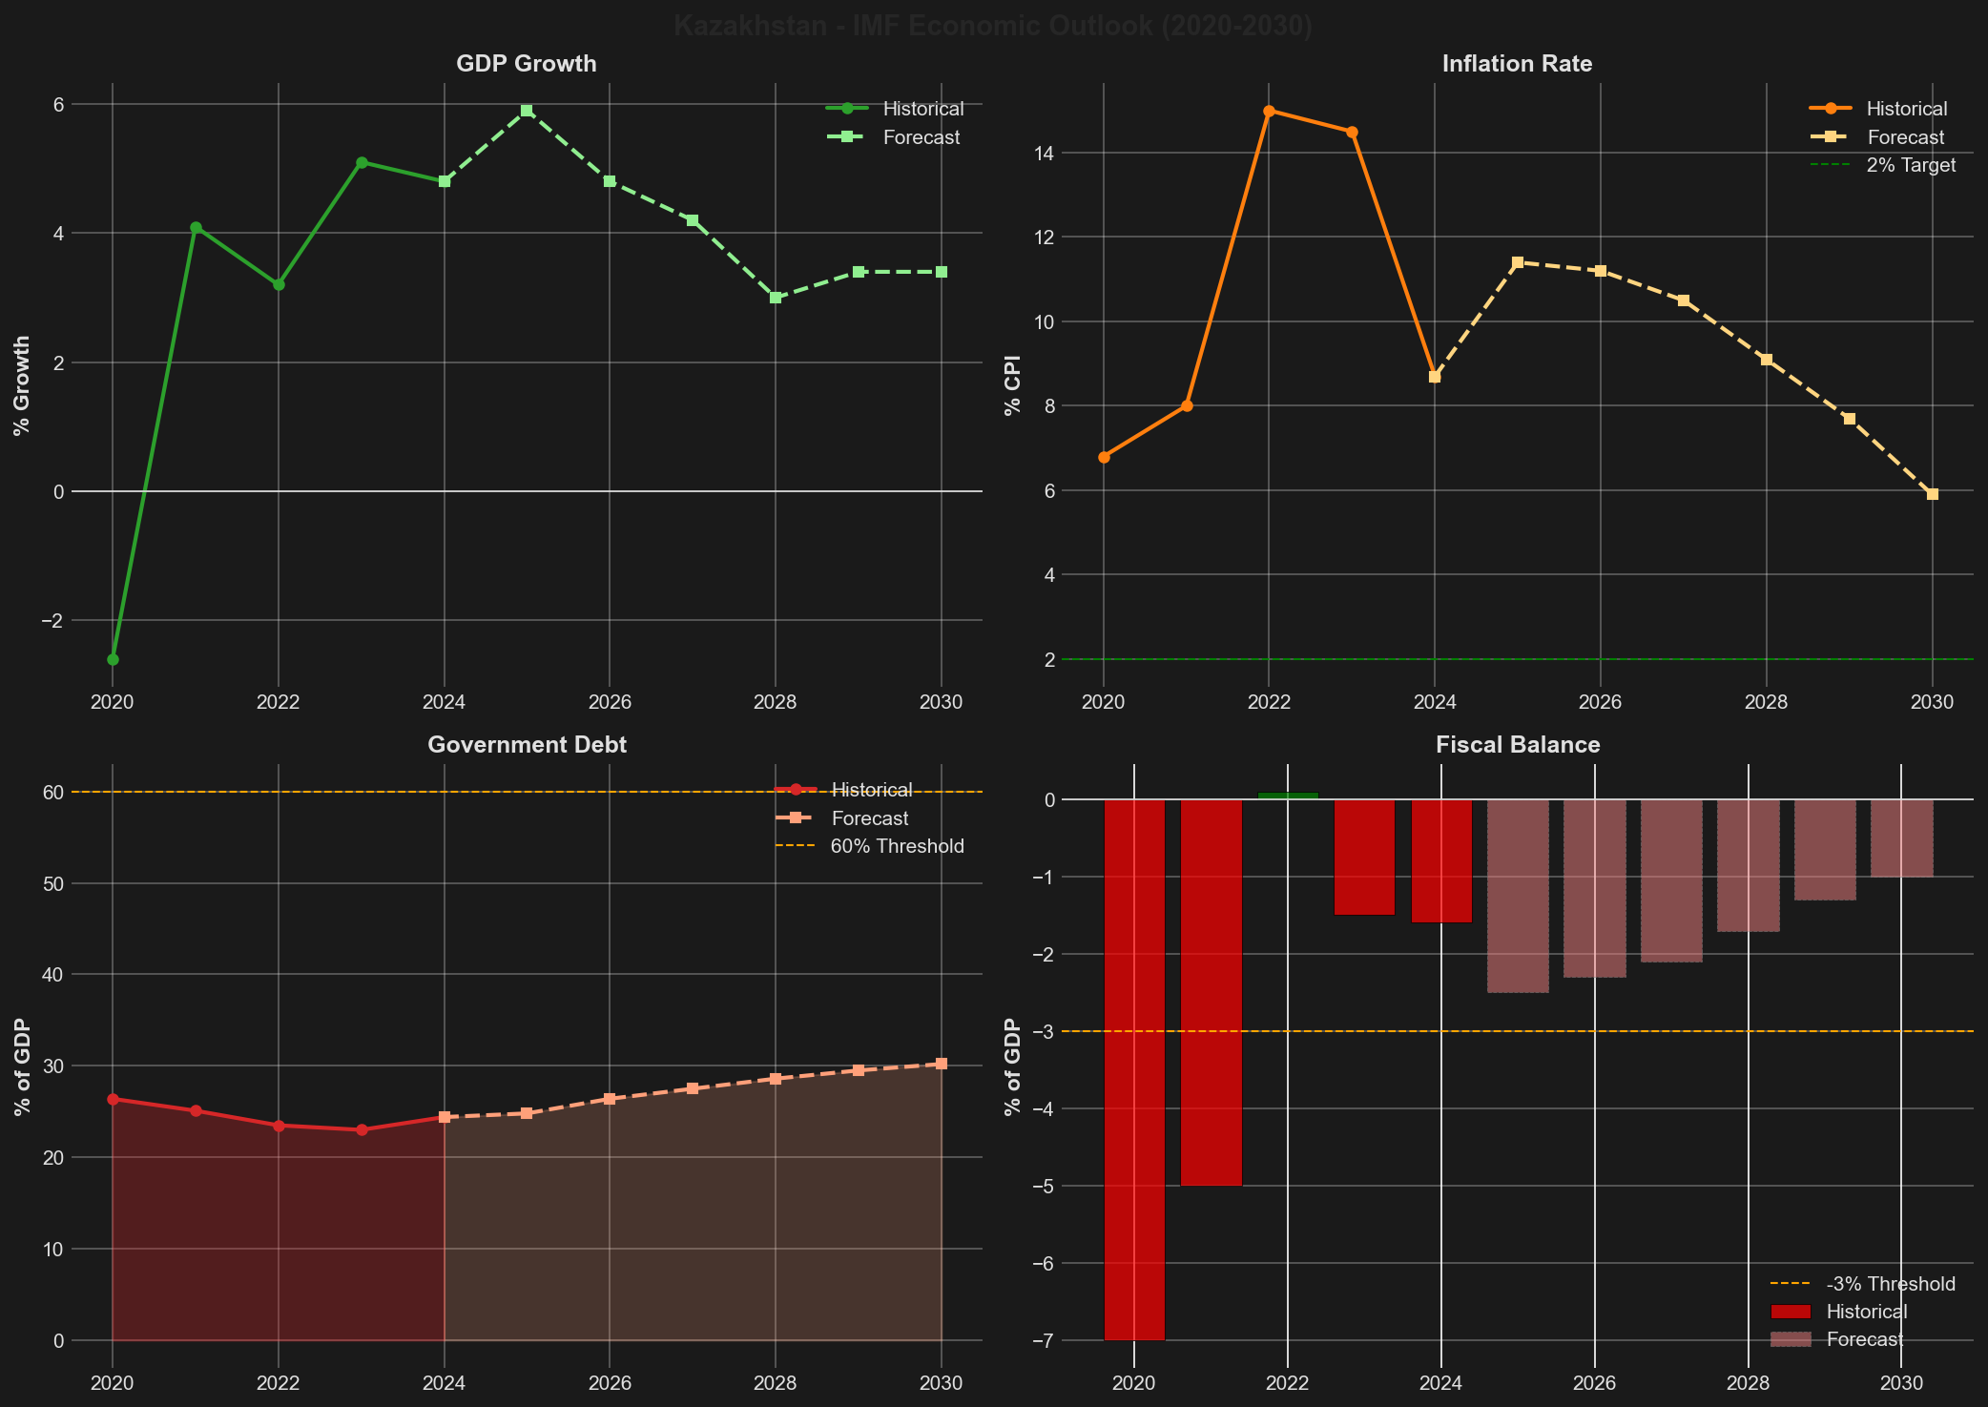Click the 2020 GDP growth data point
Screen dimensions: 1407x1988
pos(113,659)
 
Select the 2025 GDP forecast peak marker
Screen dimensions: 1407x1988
pos(527,111)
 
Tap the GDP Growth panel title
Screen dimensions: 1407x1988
pos(526,64)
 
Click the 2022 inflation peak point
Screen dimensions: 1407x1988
pos(1269,111)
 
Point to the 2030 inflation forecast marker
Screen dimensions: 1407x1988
pos(1933,494)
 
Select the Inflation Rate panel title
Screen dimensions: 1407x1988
pos(1517,64)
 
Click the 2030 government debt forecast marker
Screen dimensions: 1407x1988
pos(942,1064)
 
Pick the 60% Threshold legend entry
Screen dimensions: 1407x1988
pos(897,846)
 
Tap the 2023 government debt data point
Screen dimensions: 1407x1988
pos(362,1129)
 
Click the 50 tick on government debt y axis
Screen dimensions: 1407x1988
pos(52,883)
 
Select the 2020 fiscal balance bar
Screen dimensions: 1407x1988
pos(1134,1068)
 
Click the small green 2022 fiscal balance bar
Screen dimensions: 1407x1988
pos(1288,795)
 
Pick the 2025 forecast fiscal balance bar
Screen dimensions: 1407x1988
pos(1518,896)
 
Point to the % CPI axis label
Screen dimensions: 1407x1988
pos(1013,385)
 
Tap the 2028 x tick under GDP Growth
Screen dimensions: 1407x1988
pos(776,703)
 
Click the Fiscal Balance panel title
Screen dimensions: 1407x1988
pos(1517,745)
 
